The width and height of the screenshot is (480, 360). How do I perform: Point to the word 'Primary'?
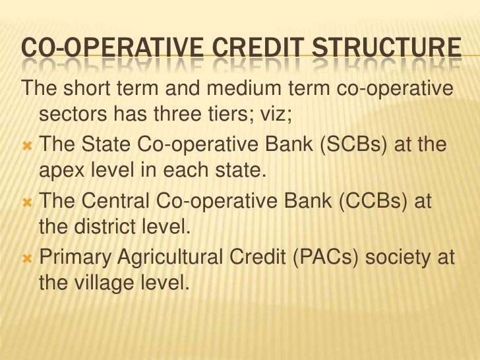(x=75, y=258)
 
